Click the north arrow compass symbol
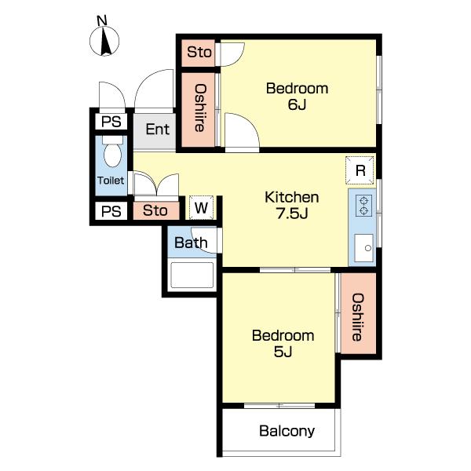[104, 41]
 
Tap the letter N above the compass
[102, 20]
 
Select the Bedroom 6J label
[297, 97]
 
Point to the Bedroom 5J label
[283, 343]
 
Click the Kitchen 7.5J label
[292, 206]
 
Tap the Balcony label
[287, 431]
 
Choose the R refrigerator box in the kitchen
[360, 170]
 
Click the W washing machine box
[201, 207]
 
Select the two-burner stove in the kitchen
[363, 206]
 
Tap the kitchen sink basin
[363, 248]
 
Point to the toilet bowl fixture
[112, 152]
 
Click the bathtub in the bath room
[192, 275]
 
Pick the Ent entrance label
[158, 130]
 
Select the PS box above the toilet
[111, 122]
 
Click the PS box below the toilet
[111, 211]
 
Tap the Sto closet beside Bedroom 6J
[199, 53]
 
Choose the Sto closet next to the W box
[156, 210]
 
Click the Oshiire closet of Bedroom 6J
[199, 110]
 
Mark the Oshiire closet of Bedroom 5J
[359, 313]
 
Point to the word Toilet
[111, 181]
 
